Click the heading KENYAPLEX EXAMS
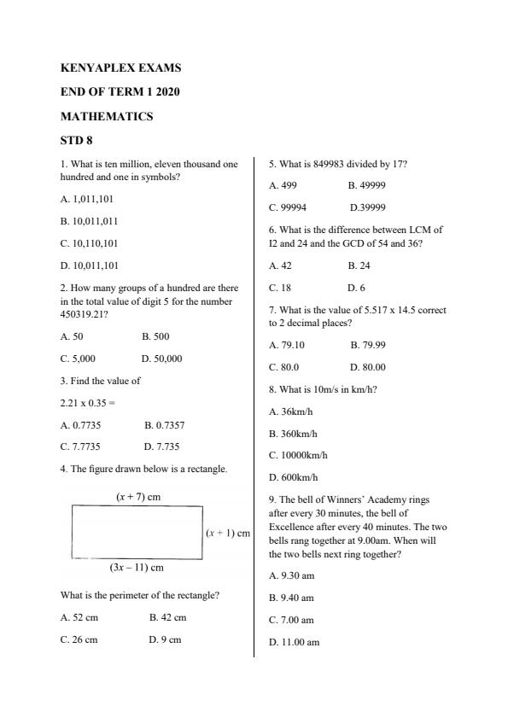(120, 67)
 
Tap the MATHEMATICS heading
(107, 116)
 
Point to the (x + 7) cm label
(138, 496)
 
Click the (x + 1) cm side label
(228, 533)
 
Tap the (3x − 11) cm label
(137, 567)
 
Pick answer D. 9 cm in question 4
(165, 639)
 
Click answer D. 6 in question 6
(356, 288)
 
